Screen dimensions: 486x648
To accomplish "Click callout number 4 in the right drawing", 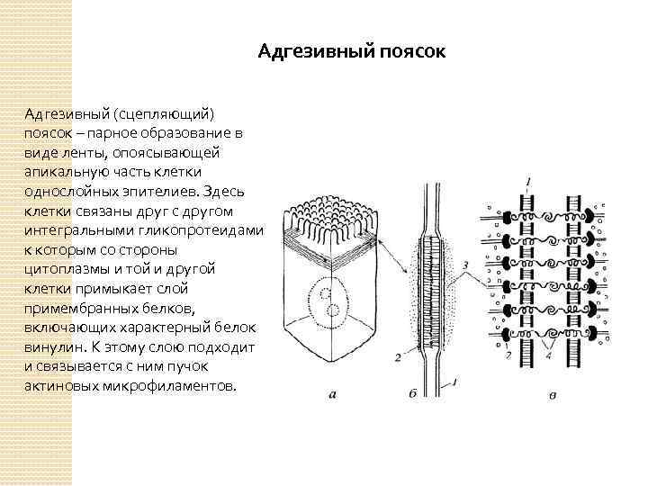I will (551, 355).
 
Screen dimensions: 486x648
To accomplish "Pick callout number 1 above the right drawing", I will (528, 183).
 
